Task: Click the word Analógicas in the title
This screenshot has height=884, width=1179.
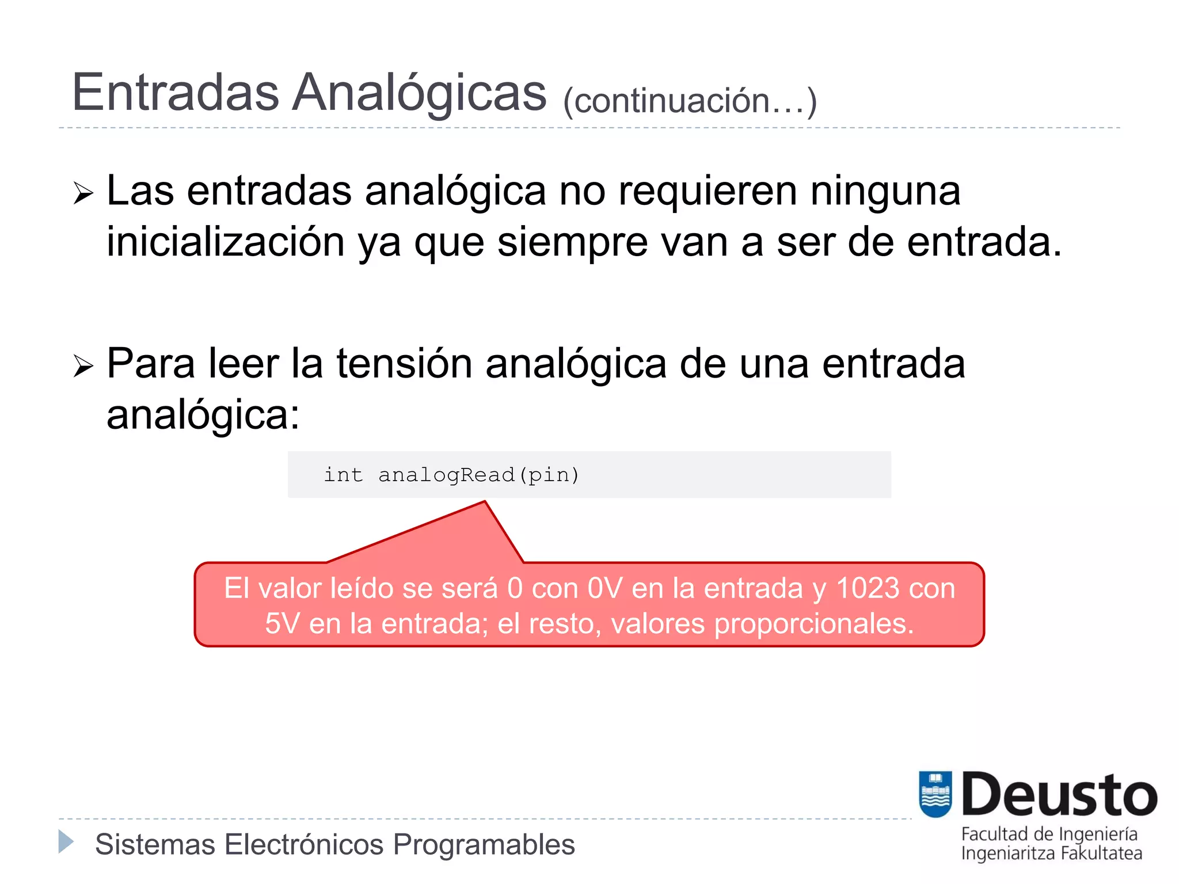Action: click(419, 93)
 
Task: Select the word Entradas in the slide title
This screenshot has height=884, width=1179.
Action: click(175, 93)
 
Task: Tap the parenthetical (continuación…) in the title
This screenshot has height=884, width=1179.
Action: click(690, 101)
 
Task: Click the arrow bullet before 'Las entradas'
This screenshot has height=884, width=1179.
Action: click(83, 193)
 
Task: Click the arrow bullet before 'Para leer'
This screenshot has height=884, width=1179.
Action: click(83, 366)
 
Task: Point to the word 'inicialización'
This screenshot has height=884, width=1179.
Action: click(226, 242)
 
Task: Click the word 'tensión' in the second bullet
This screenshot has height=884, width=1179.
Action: click(404, 364)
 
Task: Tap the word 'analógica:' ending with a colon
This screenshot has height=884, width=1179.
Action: click(203, 414)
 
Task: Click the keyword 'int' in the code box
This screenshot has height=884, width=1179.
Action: click(343, 475)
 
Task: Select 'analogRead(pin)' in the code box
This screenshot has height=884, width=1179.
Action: click(478, 475)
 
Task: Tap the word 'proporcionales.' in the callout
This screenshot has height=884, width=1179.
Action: click(814, 624)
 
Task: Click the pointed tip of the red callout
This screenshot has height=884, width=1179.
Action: click(485, 503)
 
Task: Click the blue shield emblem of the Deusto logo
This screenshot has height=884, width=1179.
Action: click(935, 794)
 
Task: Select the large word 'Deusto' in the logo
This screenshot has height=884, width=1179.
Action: click(1059, 795)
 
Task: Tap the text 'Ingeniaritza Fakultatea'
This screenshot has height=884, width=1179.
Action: click(1051, 853)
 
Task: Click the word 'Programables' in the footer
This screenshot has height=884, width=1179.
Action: click(484, 845)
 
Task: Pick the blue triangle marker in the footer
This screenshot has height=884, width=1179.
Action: click(66, 841)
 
